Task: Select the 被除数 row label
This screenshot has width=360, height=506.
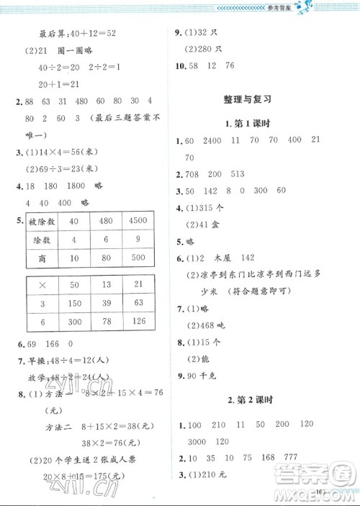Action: (x=42, y=220)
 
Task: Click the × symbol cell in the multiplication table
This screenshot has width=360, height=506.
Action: (x=42, y=285)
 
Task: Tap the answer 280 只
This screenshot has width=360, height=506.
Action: (x=207, y=49)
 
